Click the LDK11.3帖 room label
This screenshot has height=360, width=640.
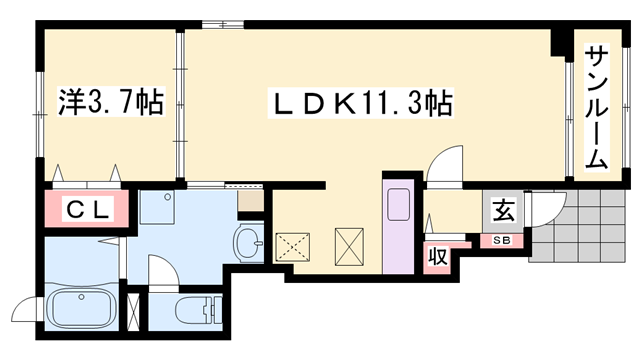pos(361,102)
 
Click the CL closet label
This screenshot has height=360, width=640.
pos(87,211)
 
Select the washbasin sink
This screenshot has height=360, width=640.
pos(247,241)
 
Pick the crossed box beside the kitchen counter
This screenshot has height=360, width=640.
pos(349,246)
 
